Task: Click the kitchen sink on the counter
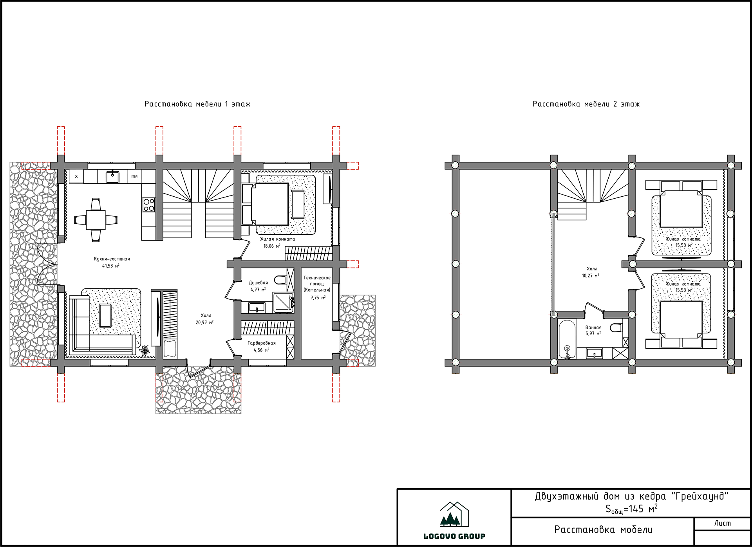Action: (x=113, y=176)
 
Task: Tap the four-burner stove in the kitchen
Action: (x=149, y=205)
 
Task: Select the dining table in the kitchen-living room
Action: (x=96, y=220)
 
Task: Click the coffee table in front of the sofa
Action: (x=105, y=315)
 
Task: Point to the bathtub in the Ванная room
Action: (x=567, y=339)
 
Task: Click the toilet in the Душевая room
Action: (x=280, y=280)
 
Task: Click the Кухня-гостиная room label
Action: (x=112, y=259)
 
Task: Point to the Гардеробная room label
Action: (x=262, y=343)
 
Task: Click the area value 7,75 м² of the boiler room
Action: (x=318, y=298)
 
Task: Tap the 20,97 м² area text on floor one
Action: (x=204, y=322)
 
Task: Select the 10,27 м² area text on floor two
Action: (x=591, y=276)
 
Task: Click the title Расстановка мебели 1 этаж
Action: (x=197, y=104)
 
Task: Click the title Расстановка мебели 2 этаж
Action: (x=586, y=104)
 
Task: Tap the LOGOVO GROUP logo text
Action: (x=454, y=536)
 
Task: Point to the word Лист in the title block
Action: (x=722, y=523)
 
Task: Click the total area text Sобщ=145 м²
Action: (x=631, y=509)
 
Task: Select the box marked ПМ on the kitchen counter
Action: (x=134, y=176)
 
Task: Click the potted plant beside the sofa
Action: (x=145, y=350)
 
